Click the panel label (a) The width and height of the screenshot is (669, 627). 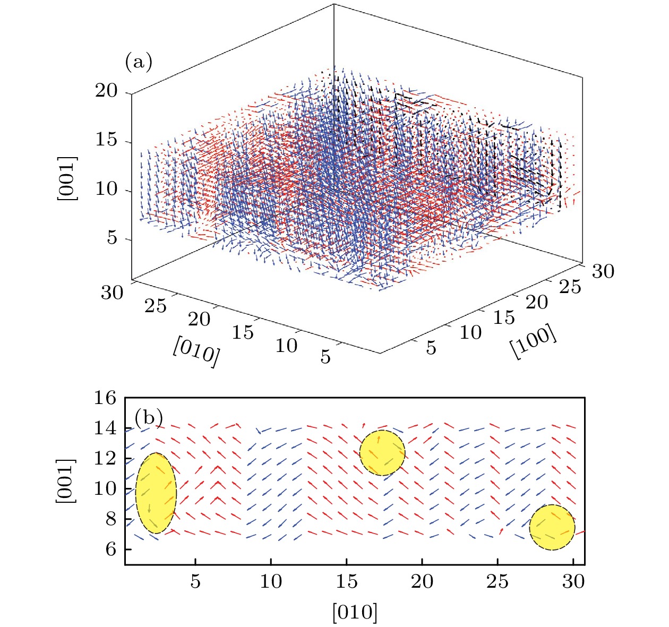pos(138,62)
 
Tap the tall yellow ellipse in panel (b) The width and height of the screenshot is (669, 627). pos(156,493)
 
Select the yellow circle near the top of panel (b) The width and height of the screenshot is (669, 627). pos(382,453)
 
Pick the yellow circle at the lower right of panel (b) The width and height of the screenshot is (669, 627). pos(552,527)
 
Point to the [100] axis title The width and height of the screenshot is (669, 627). pos(534,341)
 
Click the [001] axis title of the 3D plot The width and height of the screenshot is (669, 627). pos(67,178)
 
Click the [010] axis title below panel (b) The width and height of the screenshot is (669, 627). pos(355,612)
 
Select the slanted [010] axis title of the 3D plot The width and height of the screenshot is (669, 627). pos(195,351)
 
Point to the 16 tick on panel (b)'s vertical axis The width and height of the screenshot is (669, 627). pos(105,398)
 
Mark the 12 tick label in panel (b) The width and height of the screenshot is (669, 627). pos(105,458)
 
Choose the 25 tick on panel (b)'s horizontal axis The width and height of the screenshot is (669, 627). pos(498,582)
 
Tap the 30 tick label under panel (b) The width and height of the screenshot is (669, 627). pos(573,582)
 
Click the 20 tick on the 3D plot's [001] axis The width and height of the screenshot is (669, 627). pos(106,91)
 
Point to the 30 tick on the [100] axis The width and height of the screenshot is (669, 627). pos(603,271)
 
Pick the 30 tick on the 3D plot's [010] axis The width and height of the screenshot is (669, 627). pos(112,292)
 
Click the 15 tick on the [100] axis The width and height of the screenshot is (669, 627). pos(504,317)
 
